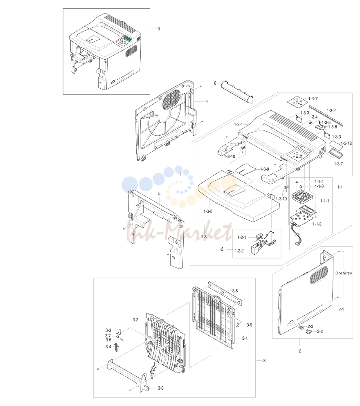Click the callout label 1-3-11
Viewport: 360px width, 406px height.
point(313,99)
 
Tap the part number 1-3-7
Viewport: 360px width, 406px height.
point(338,164)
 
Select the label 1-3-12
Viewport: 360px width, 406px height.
point(346,144)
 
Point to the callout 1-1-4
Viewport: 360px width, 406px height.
point(319,182)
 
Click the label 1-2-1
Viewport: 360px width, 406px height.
point(242,237)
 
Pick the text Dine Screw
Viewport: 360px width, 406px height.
point(344,273)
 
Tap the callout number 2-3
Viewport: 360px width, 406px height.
point(310,327)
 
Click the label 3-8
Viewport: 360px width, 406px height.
point(161,388)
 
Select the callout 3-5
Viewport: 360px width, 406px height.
point(235,291)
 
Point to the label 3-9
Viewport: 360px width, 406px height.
point(249,325)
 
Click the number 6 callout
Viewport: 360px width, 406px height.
point(215,83)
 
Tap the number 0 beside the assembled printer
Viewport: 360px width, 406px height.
point(159,29)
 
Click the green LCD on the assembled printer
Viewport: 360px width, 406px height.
point(128,38)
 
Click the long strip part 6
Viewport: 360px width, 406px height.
point(237,92)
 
